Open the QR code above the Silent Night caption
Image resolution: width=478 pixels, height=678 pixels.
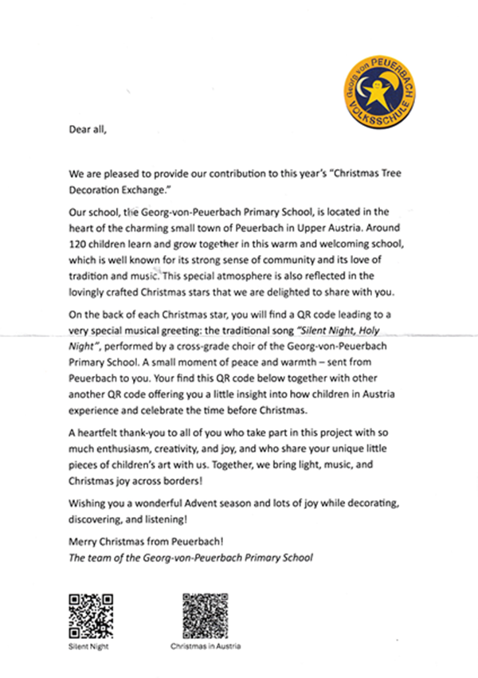pyautogui.click(x=86, y=613)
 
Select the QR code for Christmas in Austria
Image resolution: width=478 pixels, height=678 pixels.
pyautogui.click(x=205, y=614)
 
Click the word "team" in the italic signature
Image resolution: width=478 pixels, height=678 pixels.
pyautogui.click(x=101, y=557)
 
